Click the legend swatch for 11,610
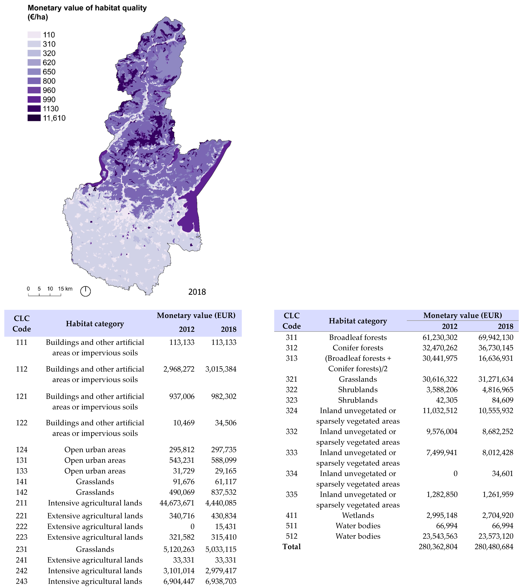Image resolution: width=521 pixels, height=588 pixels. tap(34, 118)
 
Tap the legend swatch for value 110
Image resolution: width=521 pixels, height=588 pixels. tap(34, 35)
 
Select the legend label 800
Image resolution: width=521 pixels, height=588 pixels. tap(49, 81)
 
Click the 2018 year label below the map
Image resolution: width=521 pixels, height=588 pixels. tap(197, 292)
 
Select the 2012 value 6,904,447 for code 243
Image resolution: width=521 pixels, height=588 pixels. tap(179, 581)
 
